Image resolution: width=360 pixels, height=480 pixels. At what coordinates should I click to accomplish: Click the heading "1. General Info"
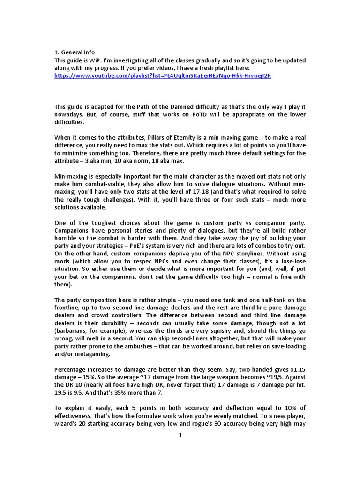[75, 52]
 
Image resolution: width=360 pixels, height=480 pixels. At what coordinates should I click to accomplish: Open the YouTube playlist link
[163, 76]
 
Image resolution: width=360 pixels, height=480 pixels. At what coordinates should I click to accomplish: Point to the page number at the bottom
[180, 435]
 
